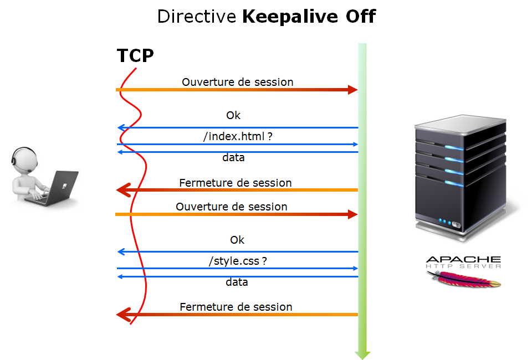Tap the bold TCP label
pos(135,56)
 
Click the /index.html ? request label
pos(238,136)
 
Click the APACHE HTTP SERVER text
pos(463,261)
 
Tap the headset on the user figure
pos(17,158)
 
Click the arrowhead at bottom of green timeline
pos(362,354)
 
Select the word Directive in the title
pos(197,17)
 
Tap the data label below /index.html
pos(233,158)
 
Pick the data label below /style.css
pos(237,282)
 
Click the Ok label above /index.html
pos(233,116)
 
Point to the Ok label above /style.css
pos(237,240)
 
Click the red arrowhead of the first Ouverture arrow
pos(352,90)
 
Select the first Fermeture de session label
pos(236,183)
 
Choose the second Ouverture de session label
pos(232,207)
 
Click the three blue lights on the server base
pos(445,222)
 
